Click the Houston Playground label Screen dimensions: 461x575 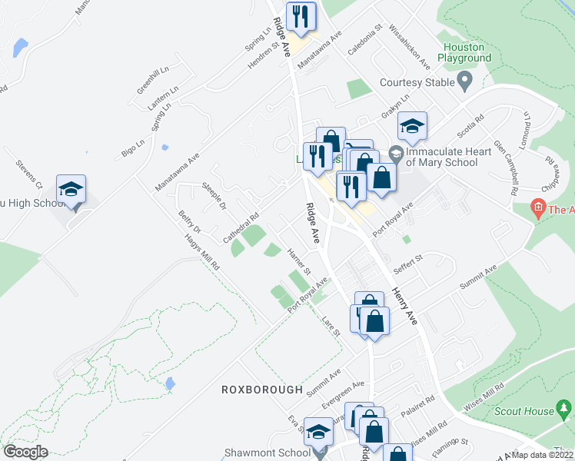click(464, 52)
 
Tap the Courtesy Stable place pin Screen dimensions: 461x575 click(464, 79)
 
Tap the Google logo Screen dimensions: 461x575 click(25, 452)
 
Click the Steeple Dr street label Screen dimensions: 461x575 click(214, 195)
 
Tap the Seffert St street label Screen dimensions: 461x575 click(409, 262)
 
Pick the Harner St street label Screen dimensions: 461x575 click(297, 261)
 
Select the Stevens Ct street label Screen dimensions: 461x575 click(29, 174)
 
